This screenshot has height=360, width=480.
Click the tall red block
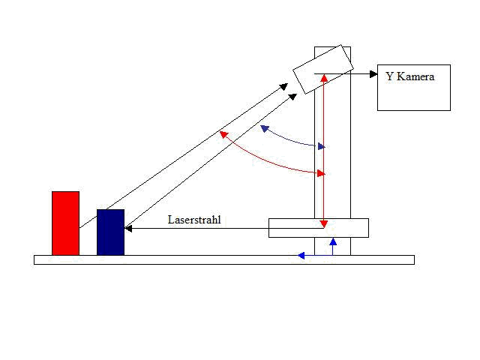pyautogui.click(x=65, y=223)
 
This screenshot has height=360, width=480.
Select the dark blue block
pyautogui.click(x=110, y=232)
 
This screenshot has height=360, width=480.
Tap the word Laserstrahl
pyautogui.click(x=194, y=220)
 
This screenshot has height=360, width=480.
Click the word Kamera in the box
pyautogui.click(x=415, y=76)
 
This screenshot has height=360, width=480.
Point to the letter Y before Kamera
pyautogui.click(x=389, y=76)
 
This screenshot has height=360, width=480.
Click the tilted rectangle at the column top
pyautogui.click(x=323, y=69)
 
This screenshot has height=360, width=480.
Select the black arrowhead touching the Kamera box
pyautogui.click(x=373, y=74)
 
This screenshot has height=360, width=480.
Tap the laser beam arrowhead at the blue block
pyautogui.click(x=128, y=228)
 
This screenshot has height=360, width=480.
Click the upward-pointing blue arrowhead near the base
pyautogui.click(x=333, y=241)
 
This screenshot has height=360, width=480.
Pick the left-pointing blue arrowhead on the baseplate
pyautogui.click(x=301, y=255)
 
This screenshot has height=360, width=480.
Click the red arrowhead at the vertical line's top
pyautogui.click(x=324, y=78)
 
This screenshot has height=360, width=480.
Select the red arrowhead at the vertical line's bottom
pyautogui.click(x=324, y=224)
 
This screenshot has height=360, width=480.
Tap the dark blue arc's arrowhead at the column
pyautogui.click(x=322, y=147)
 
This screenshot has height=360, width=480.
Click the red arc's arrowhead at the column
pyautogui.click(x=321, y=173)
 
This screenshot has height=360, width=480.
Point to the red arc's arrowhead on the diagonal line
pyautogui.click(x=224, y=134)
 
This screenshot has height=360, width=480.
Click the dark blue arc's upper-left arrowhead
pyautogui.click(x=265, y=128)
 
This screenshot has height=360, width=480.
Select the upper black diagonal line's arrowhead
pyautogui.click(x=284, y=86)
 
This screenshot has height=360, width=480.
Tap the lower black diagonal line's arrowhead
pyautogui.click(x=293, y=97)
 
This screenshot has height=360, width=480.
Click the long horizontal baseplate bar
pyautogui.click(x=224, y=260)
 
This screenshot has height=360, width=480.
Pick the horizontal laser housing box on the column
pyautogui.click(x=319, y=228)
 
